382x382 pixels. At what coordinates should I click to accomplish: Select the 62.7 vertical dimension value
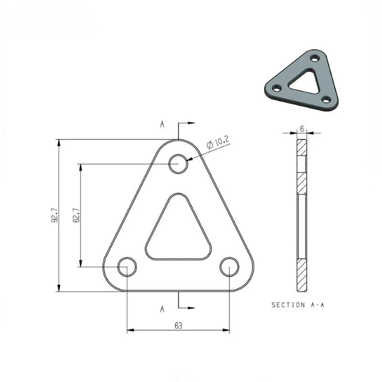point(76,216)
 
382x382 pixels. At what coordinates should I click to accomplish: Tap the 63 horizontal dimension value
point(178,326)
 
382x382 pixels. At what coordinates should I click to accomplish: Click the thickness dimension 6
point(302,128)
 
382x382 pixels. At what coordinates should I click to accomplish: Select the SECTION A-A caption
point(297,304)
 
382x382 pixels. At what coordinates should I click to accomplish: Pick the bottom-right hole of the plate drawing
point(229,266)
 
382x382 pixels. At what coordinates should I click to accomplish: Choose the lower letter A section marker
point(162,309)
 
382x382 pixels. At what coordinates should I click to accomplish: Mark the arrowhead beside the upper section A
point(191,124)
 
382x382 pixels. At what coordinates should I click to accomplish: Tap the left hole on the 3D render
point(276,88)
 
